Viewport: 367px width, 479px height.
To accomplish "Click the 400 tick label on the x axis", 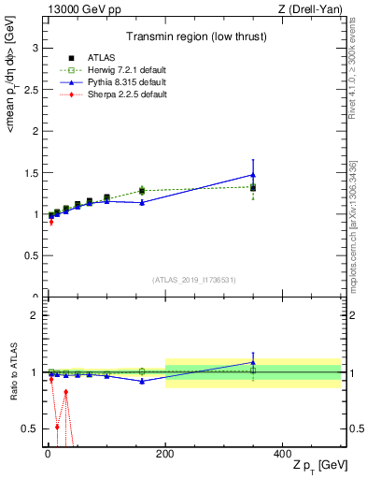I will click(x=282, y=455).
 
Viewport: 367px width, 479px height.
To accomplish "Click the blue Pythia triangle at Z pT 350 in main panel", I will click(x=253, y=175).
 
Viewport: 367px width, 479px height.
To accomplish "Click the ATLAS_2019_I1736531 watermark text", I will click(x=194, y=280).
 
